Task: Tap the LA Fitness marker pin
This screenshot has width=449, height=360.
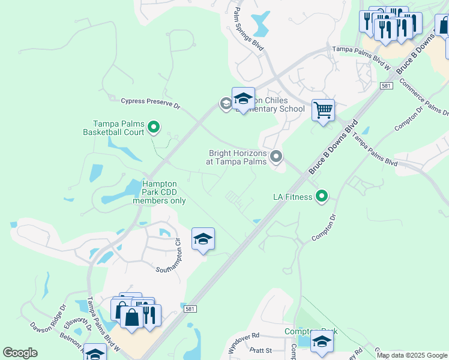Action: (x=322, y=196)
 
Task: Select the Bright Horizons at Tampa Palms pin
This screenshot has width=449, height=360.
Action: (x=276, y=157)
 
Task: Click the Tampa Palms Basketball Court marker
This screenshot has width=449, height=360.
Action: (x=154, y=127)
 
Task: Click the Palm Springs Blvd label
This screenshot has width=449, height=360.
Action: (x=249, y=29)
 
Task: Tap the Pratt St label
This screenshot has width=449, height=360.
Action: (x=261, y=350)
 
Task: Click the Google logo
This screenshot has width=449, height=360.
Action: (x=20, y=353)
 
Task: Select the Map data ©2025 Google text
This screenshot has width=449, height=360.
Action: (x=411, y=355)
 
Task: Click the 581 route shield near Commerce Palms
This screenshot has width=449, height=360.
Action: (x=387, y=86)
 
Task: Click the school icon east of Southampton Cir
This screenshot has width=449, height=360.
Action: (x=203, y=239)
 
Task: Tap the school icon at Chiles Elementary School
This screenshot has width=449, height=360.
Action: (x=243, y=98)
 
